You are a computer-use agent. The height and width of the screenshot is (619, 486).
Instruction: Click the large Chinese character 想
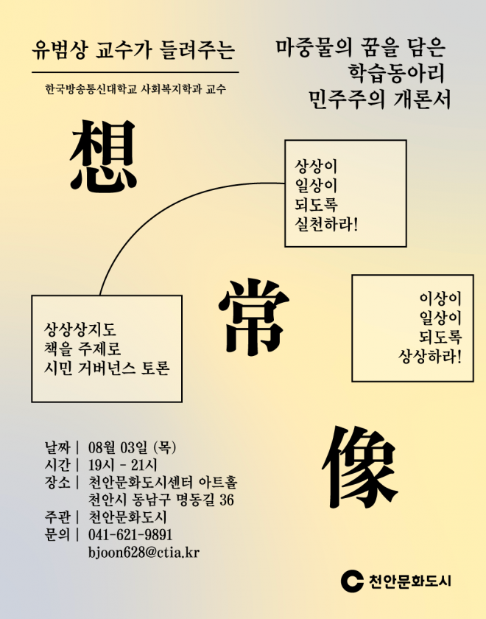103,156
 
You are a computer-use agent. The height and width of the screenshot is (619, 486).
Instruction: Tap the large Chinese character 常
254,316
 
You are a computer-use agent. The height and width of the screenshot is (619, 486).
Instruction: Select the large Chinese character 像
360,466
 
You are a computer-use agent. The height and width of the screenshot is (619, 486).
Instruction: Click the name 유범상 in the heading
58,50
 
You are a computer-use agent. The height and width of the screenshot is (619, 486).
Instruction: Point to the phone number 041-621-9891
130,534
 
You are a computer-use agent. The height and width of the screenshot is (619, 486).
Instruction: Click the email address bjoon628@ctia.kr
144,552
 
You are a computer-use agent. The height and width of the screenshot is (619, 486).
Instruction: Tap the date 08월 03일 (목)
132,447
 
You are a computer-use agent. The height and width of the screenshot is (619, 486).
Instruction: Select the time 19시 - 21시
123,465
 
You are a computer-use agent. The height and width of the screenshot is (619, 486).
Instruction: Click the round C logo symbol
352,581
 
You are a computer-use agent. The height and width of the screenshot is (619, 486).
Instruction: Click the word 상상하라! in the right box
429,357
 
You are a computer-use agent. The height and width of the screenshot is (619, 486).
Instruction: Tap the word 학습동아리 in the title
396,74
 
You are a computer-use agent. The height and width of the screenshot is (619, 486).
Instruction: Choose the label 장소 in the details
57,482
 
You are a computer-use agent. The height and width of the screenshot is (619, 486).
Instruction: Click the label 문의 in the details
57,534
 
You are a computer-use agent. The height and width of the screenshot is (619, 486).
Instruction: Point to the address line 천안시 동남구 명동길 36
161,500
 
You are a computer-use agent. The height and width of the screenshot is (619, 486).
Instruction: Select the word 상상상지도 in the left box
80,329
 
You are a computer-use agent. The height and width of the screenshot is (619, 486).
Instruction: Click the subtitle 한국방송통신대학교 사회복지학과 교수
135,89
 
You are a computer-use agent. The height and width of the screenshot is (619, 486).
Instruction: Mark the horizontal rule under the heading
135,73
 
